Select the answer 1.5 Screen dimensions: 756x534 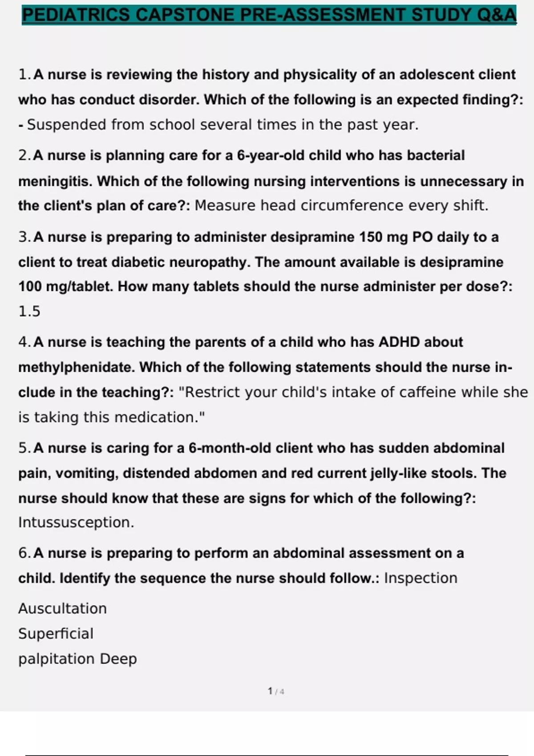(29, 311)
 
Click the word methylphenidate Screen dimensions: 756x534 (76, 367)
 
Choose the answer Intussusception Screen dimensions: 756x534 (76, 523)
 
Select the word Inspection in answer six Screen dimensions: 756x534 (421, 578)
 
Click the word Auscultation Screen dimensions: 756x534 (62, 608)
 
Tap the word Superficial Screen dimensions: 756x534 (56, 634)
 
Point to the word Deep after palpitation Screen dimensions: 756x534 (118, 659)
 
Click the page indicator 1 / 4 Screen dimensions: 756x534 (276, 691)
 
